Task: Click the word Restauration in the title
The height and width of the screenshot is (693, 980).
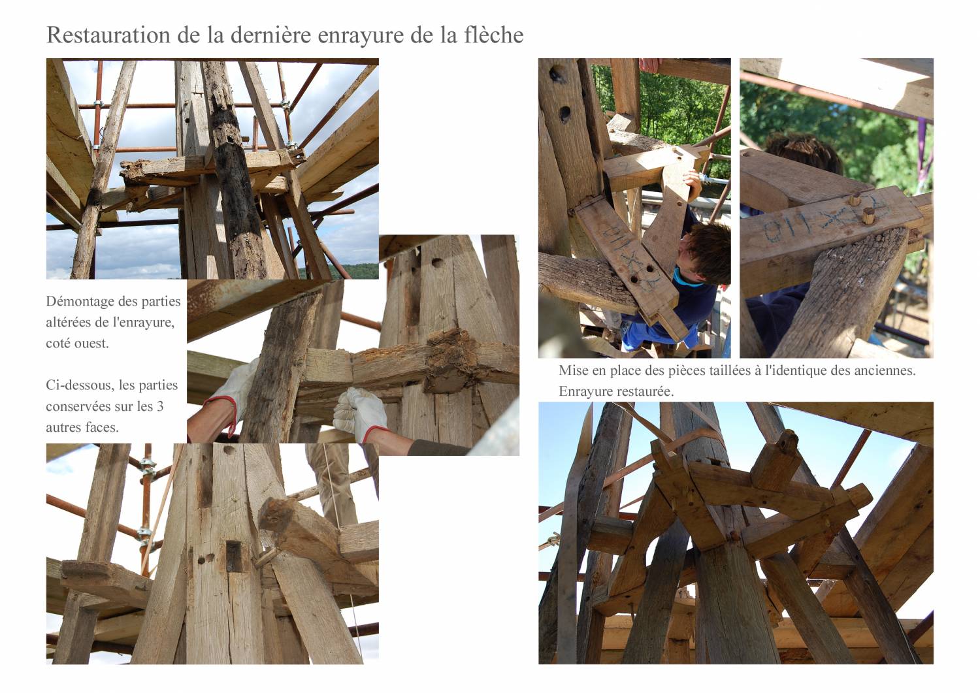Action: click(x=108, y=35)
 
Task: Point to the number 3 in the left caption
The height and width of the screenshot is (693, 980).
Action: click(x=159, y=406)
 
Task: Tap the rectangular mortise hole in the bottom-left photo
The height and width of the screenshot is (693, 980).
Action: click(x=234, y=556)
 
